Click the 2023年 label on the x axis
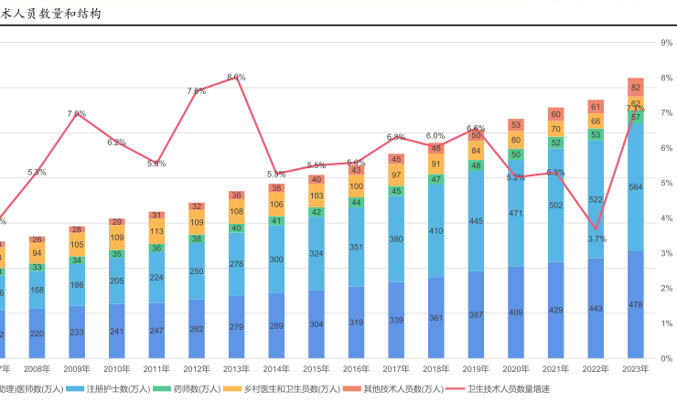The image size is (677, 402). tap(635, 369)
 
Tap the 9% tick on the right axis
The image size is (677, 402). tap(667, 42)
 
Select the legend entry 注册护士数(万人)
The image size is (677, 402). tap(118, 389)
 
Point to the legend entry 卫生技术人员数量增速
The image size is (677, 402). tap(508, 389)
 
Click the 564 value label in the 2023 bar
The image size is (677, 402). tap(635, 187)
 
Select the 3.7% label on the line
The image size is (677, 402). tap(596, 238)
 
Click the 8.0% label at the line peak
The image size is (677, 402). tap(236, 78)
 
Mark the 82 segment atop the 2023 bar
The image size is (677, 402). tap(635, 88)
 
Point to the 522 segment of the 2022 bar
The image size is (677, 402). tap(596, 199)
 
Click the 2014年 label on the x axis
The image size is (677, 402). tap(275, 369)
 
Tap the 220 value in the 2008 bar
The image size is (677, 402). tap(38, 333)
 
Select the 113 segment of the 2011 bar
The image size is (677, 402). tap(156, 232)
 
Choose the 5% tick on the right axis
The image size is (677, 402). tap(667, 183)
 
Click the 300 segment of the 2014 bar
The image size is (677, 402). tap(275, 259)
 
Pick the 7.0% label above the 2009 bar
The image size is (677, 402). tap(77, 114)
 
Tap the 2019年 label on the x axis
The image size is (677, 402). tap(476, 369)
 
